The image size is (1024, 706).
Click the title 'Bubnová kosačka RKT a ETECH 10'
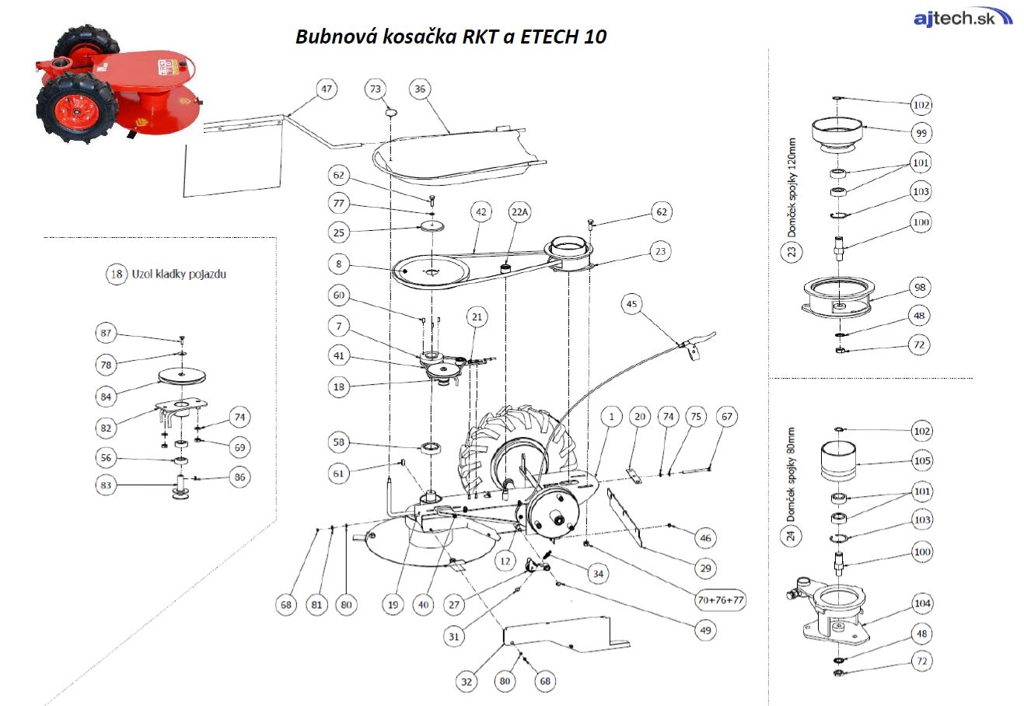450,37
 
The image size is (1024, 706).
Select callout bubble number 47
327,89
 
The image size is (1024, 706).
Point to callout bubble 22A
520,212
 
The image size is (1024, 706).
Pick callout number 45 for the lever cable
632,304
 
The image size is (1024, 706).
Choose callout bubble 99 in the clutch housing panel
921,133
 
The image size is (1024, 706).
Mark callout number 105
921,461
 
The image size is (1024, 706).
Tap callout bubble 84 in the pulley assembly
107,397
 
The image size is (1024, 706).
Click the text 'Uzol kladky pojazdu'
178,274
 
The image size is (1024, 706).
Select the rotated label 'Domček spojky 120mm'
792,188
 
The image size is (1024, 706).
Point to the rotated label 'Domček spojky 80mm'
792,474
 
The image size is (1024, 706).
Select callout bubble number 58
339,442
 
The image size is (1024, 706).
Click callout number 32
467,682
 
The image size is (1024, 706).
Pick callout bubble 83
107,485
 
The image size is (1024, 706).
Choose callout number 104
921,603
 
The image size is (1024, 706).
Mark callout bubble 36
420,89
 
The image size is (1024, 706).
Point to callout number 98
921,288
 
